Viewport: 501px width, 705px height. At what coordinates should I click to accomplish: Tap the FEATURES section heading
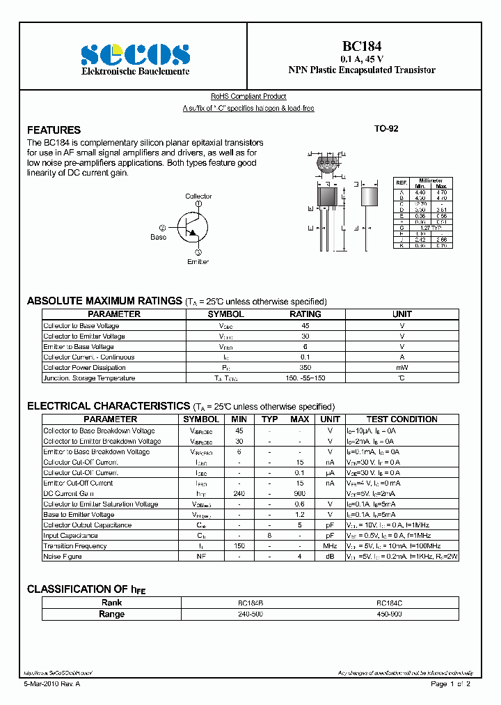pyautogui.click(x=54, y=130)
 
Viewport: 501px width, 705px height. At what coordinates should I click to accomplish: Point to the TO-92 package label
pyautogui.click(x=386, y=130)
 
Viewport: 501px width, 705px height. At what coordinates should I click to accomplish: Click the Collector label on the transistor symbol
pyautogui.click(x=198, y=196)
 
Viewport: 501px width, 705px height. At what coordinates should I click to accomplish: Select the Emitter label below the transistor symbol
pyautogui.click(x=198, y=261)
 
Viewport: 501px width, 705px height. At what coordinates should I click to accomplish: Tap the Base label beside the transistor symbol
pyautogui.click(x=159, y=237)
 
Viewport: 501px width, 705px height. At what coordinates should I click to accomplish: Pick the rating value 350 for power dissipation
pyautogui.click(x=305, y=368)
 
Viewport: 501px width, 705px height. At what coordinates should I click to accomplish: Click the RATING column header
pyautogui.click(x=305, y=314)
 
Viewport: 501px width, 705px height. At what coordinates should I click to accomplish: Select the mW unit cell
pyautogui.click(x=402, y=368)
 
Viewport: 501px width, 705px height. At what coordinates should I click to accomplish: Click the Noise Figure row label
pyautogui.click(x=63, y=557)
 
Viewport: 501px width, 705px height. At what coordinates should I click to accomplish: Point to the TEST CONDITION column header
pyautogui.click(x=401, y=419)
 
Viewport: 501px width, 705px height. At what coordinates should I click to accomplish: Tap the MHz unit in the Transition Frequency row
pyautogui.click(x=330, y=546)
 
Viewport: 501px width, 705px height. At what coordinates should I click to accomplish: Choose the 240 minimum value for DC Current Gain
pyautogui.click(x=239, y=493)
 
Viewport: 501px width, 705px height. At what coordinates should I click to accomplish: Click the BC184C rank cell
pyautogui.click(x=389, y=603)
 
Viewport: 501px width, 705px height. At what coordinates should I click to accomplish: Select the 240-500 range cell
pyautogui.click(x=250, y=614)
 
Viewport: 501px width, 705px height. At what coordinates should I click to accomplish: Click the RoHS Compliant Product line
pyautogui.click(x=248, y=97)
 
